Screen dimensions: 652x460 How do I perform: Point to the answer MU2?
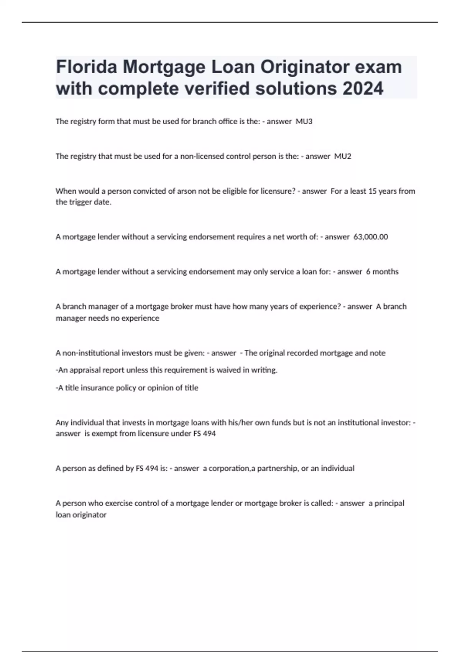(343, 156)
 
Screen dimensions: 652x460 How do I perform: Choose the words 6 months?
(382, 272)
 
